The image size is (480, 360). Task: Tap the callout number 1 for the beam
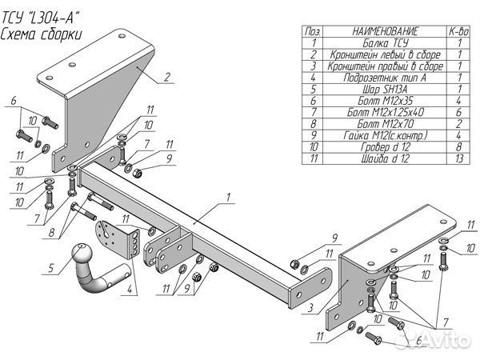pos(228,197)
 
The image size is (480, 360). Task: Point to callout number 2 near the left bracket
pos(166,77)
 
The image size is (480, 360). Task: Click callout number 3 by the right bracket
pos(310,307)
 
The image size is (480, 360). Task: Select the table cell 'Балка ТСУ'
pos(385,43)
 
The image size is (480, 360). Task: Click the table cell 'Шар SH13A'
pos(385,89)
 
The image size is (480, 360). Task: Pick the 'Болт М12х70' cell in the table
pos(385,124)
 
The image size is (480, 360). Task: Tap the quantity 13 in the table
pos(459,158)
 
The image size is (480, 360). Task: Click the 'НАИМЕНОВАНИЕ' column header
pos(385,31)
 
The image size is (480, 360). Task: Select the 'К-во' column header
pos(459,31)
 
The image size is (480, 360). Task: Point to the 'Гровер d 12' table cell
pos(385,147)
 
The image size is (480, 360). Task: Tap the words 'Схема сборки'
pos(42,34)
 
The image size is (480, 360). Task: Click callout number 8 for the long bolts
pos(51,233)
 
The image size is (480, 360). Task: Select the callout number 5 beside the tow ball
pos(50,268)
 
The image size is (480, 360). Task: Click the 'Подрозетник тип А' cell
pos(385,78)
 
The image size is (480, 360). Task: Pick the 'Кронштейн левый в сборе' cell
pos(385,54)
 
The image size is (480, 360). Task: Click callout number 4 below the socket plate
pos(130,289)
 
